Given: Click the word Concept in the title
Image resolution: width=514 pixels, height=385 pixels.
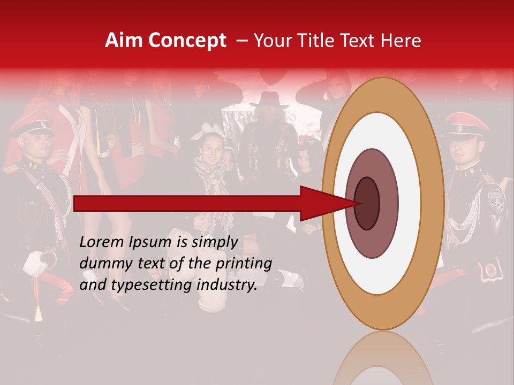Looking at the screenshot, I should click(187, 41).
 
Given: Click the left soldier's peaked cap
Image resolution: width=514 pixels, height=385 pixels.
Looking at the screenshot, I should click(32, 124).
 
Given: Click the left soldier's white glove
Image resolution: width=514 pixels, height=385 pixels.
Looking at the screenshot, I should click(35, 263).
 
